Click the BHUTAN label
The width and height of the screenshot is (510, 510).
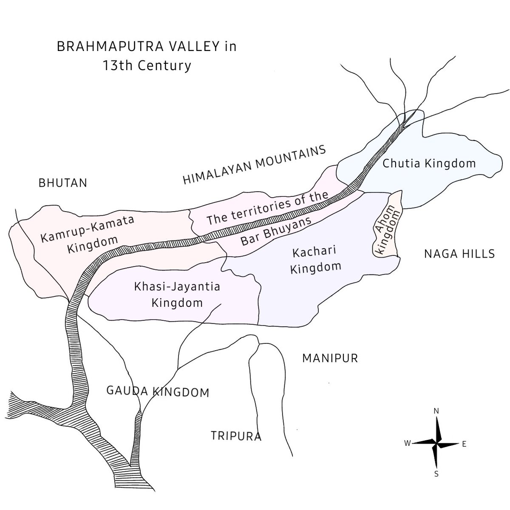(x=62, y=183)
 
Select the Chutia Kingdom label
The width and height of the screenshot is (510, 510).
(x=429, y=163)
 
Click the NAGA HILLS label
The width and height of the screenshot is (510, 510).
(x=459, y=254)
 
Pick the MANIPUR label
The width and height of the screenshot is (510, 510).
(x=330, y=358)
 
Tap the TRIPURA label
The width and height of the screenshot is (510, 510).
(x=236, y=436)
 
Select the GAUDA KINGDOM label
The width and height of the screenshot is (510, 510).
(x=158, y=391)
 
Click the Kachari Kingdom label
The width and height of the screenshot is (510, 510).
(x=315, y=259)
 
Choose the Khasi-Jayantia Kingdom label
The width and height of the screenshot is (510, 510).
(x=177, y=295)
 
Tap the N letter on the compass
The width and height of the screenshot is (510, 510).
(x=436, y=411)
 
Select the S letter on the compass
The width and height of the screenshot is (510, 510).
(x=436, y=474)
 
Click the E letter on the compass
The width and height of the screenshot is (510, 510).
(x=464, y=444)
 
